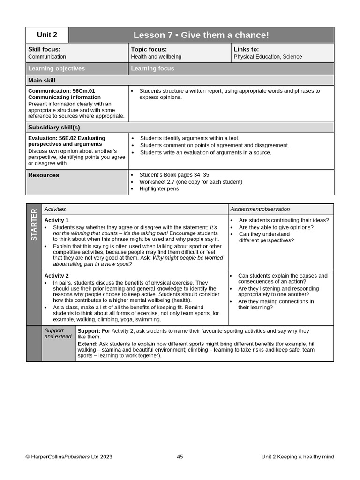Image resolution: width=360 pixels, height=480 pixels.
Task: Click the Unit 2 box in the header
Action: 47,35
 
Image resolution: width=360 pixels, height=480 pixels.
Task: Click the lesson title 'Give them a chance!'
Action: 201,35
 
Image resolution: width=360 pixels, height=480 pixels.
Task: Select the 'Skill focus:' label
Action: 44,49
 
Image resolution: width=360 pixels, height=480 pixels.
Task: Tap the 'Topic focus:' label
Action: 149,49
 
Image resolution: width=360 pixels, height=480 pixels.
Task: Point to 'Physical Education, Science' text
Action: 268,57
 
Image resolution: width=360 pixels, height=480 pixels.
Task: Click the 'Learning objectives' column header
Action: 57,68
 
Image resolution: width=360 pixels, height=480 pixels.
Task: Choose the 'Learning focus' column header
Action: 152,68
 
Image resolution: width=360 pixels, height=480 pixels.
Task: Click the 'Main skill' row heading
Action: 42,81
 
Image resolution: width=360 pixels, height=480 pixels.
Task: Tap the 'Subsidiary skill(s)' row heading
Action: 54,127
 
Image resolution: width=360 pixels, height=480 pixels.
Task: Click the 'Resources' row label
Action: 44,175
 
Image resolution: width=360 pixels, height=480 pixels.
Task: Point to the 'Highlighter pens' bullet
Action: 159,189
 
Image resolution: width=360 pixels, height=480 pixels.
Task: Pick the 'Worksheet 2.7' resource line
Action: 191,182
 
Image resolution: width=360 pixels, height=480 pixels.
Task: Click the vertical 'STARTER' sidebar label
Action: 34,225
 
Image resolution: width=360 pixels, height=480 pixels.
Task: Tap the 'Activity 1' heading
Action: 56,220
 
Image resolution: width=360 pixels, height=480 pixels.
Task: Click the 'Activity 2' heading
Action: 56,276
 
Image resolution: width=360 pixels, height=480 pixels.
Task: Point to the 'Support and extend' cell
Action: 58,334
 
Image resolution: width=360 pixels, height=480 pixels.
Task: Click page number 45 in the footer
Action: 180,457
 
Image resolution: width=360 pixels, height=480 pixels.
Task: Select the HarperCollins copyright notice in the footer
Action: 69,457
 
